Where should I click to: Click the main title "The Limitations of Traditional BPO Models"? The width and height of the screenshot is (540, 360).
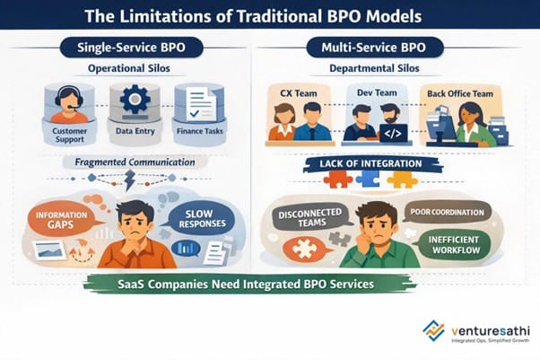pos(268,15)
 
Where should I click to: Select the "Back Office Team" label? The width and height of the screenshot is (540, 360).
pos(459,92)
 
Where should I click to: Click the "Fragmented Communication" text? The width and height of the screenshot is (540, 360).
pos(135,162)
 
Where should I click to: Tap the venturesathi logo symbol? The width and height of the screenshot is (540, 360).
pos(435,330)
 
